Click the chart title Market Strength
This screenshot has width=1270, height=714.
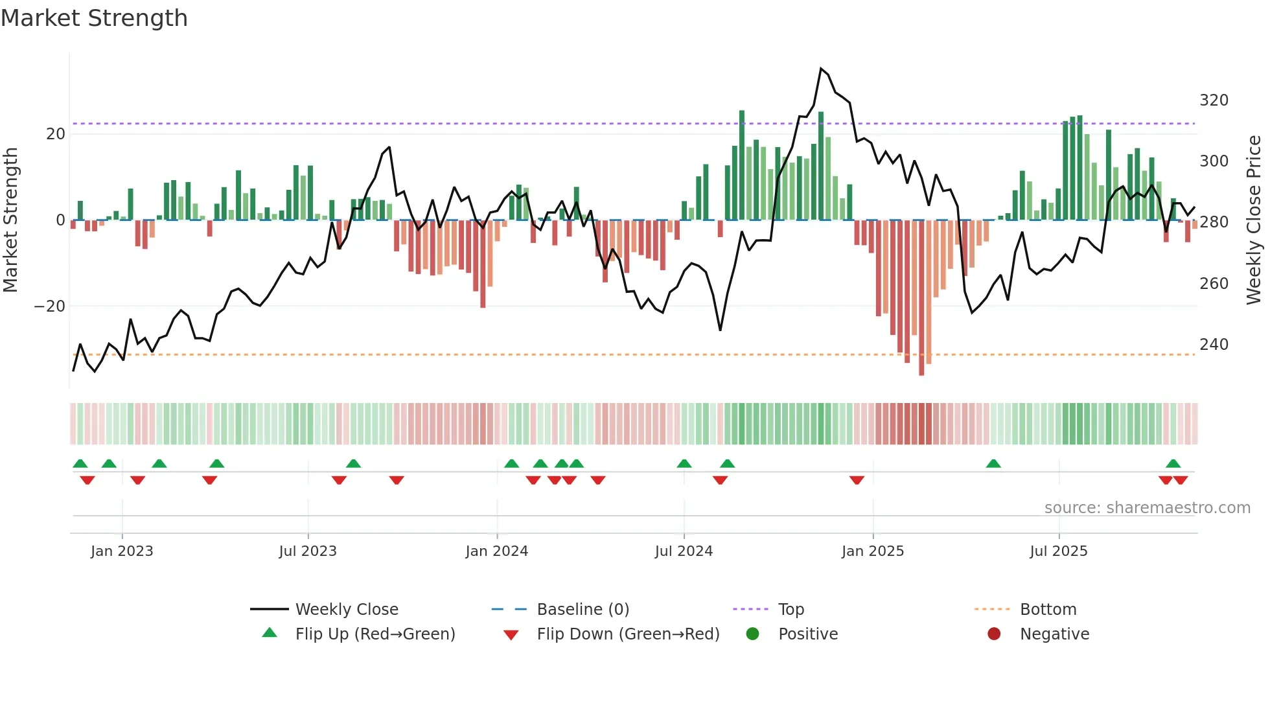pyautogui.click(x=94, y=18)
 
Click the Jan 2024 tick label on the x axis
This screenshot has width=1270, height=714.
pyautogui.click(x=496, y=551)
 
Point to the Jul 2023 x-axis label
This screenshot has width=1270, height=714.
pyautogui.click(x=308, y=551)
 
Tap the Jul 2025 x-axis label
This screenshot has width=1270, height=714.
pyautogui.click(x=1058, y=551)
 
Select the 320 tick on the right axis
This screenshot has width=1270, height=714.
pyautogui.click(x=1214, y=100)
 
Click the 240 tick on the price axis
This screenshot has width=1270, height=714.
pyautogui.click(x=1214, y=345)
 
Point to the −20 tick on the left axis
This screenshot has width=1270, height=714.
pyautogui.click(x=50, y=306)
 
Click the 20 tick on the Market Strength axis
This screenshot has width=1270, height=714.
pyautogui.click(x=56, y=134)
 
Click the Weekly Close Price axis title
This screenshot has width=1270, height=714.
pyautogui.click(x=1254, y=220)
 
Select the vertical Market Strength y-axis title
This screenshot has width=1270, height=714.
pyautogui.click(x=10, y=220)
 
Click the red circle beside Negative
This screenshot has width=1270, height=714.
pyautogui.click(x=994, y=634)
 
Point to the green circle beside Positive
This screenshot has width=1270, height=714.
pyautogui.click(x=752, y=634)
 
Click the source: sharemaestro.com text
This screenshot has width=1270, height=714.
pyautogui.click(x=1147, y=508)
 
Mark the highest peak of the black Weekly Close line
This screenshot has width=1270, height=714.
pyautogui.click(x=821, y=69)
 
